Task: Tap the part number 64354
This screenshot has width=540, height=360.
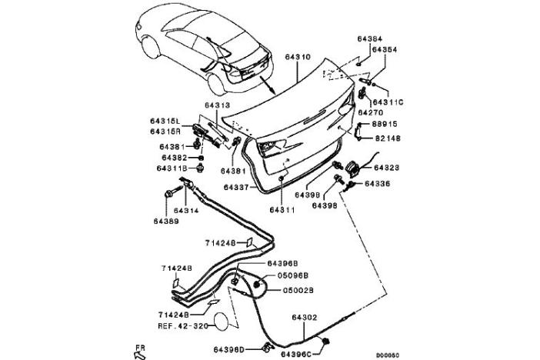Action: click(x=384, y=50)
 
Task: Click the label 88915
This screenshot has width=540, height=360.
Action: click(x=387, y=125)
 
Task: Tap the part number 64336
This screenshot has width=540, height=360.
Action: click(x=378, y=184)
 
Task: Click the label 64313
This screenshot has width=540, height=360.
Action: click(x=218, y=106)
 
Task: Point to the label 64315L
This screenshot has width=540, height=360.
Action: click(x=165, y=121)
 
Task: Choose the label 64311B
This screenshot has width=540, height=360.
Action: click(x=172, y=168)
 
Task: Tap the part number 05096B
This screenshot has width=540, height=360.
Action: click(x=292, y=276)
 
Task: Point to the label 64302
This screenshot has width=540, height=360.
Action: click(x=305, y=316)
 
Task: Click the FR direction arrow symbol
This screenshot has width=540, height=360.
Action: click(x=141, y=351)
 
